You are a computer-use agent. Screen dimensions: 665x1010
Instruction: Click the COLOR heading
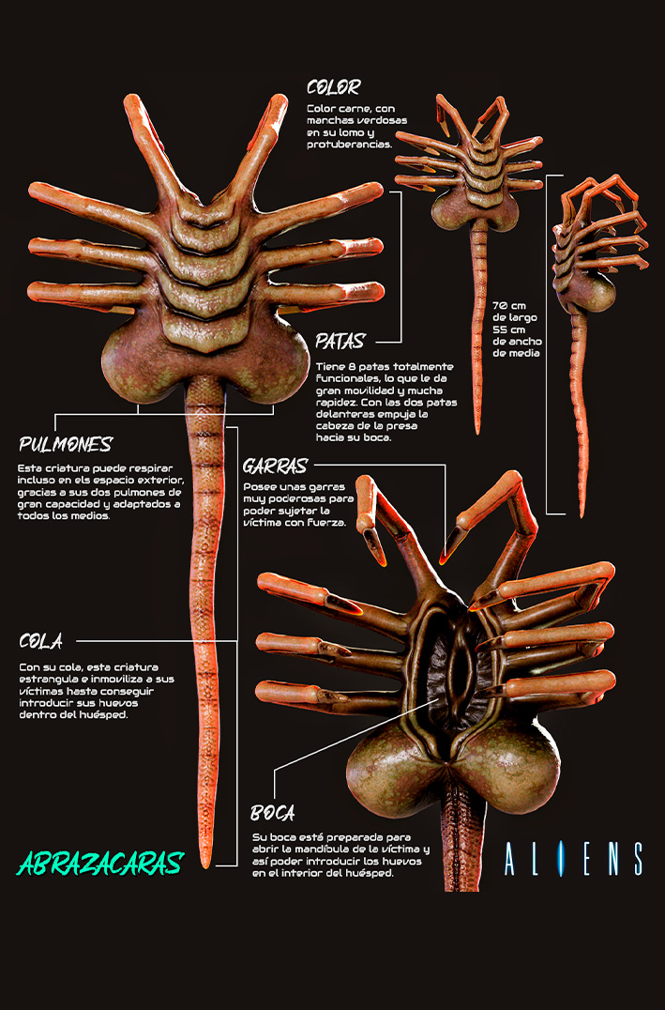point(334,87)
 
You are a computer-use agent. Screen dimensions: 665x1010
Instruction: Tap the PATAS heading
point(340,341)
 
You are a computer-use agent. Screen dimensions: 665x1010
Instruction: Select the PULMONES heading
point(66,444)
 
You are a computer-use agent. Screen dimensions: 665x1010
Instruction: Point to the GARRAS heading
point(276,466)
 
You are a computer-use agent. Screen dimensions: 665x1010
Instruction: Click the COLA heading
point(41,641)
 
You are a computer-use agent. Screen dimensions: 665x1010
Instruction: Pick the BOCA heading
point(273,813)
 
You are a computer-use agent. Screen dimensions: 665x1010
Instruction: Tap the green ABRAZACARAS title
point(101,864)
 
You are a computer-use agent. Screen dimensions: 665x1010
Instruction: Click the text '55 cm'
point(508,329)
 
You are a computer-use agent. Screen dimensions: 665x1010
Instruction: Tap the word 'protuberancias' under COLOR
point(349,145)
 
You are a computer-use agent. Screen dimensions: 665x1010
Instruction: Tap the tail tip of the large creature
point(205,865)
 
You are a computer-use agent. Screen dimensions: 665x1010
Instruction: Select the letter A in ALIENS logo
point(510,859)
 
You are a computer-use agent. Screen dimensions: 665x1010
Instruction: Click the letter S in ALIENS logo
point(637,859)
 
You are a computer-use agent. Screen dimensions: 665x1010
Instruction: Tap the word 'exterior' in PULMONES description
point(159,481)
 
